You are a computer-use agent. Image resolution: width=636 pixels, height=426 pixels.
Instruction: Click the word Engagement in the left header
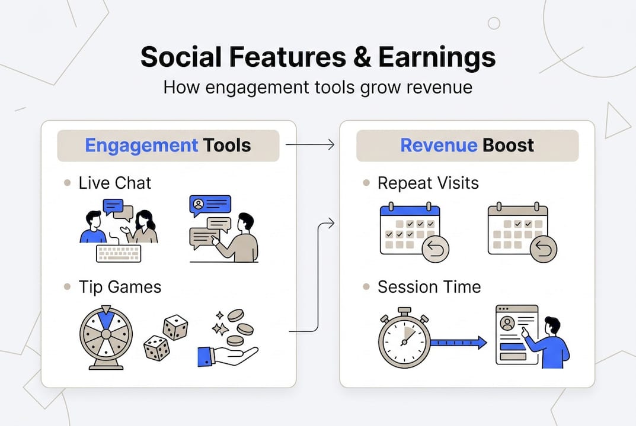coord(141,146)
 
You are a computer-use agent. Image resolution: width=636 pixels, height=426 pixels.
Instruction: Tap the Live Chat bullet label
coord(114,183)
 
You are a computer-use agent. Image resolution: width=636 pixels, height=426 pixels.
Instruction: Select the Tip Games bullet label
coord(120,287)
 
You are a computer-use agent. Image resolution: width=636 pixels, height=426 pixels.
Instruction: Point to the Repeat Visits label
coord(428,183)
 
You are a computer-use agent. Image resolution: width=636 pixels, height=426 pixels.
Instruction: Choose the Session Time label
coord(429,287)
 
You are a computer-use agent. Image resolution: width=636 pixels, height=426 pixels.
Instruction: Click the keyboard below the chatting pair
coord(119,253)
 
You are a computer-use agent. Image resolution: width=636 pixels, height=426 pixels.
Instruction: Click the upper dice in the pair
coord(175,327)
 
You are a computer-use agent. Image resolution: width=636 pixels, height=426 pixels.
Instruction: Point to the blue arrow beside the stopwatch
coord(458,343)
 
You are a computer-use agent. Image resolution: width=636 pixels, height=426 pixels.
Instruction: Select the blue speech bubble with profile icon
coord(210,204)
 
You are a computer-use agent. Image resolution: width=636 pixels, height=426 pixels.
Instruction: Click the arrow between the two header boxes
coord(310,145)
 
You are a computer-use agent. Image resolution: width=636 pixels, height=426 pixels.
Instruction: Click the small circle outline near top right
coord(494,23)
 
